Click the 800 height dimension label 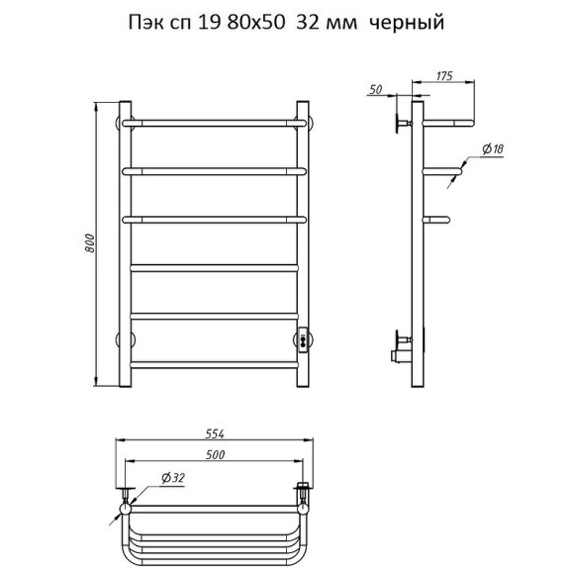90,243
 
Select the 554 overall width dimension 215,434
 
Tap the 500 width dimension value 215,454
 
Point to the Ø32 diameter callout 173,478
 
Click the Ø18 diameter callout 493,148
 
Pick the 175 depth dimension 444,76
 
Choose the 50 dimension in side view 376,89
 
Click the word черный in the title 407,23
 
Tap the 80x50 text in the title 256,23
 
